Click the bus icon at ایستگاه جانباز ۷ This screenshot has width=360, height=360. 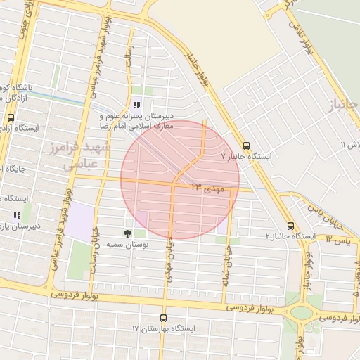coord(245,145)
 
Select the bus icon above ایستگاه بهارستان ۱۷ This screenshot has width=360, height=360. coord(164,318)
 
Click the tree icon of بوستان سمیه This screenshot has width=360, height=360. coord(127,233)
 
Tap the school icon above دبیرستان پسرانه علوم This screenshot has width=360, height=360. coord(136,105)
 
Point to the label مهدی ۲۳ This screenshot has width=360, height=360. coord(207,187)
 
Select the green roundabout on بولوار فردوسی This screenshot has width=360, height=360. coord(301,313)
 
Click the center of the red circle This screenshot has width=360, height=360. coord(180,180)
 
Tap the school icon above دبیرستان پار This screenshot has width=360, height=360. coord(16,215)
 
